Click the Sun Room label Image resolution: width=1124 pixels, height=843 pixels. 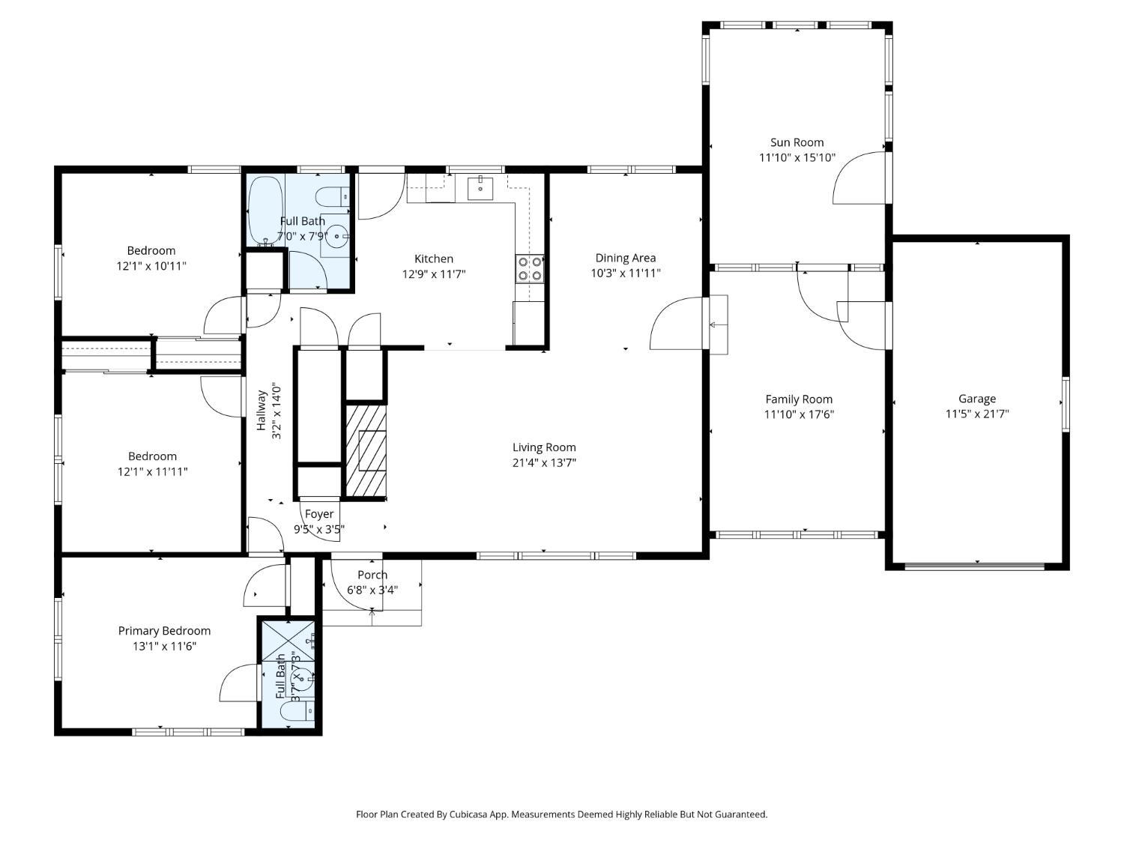click(x=797, y=142)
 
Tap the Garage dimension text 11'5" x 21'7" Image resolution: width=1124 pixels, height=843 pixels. click(x=977, y=414)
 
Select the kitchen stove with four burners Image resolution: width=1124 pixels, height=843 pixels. click(x=530, y=269)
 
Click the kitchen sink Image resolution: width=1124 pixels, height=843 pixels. click(x=480, y=188)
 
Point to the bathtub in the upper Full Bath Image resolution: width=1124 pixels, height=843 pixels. click(x=265, y=211)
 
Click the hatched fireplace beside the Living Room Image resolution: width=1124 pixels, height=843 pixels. click(x=366, y=450)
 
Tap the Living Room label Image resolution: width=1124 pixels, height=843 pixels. click(x=544, y=447)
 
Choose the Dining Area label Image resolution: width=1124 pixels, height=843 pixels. click(x=625, y=258)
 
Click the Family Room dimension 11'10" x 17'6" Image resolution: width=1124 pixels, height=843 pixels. click(x=799, y=414)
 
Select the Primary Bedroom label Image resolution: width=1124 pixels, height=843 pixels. click(x=164, y=631)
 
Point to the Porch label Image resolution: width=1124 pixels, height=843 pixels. click(x=372, y=575)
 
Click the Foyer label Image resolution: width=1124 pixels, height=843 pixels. click(x=319, y=514)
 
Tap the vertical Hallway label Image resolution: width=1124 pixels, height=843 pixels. click(x=262, y=411)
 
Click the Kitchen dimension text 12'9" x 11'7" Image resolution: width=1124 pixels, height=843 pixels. click(x=434, y=274)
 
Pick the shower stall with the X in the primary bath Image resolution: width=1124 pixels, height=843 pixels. click(x=288, y=642)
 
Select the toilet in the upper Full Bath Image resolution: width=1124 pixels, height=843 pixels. click(x=333, y=196)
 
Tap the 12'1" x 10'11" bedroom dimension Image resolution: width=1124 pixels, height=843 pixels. click(x=151, y=266)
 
